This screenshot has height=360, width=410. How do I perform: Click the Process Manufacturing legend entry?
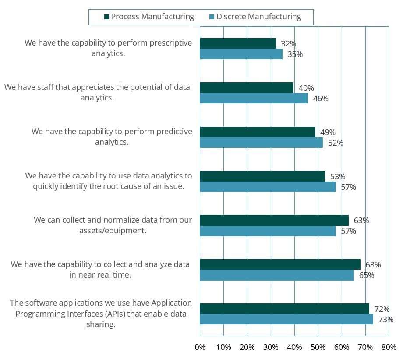click(152, 17)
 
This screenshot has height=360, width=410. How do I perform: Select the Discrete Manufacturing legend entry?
click(258, 17)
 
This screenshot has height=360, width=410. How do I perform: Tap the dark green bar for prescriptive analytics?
click(238, 43)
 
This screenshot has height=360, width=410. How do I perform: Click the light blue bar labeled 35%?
click(241, 54)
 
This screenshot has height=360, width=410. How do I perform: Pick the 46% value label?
click(321, 99)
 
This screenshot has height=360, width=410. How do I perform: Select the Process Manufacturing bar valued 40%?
click(247, 88)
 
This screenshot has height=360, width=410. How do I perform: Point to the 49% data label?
click(328, 132)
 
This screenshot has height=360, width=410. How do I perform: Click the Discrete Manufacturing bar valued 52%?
click(261, 143)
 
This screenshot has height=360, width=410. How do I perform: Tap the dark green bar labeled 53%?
click(262, 176)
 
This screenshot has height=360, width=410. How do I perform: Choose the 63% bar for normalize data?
click(274, 220)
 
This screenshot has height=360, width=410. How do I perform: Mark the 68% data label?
click(373, 265)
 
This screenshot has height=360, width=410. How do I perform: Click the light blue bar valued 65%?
click(277, 275)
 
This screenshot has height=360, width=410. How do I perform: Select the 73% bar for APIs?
click(286, 319)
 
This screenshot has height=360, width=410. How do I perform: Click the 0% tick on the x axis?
click(200, 347)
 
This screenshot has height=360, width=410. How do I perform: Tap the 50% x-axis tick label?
click(318, 347)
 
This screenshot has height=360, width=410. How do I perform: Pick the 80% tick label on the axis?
click(389, 347)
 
